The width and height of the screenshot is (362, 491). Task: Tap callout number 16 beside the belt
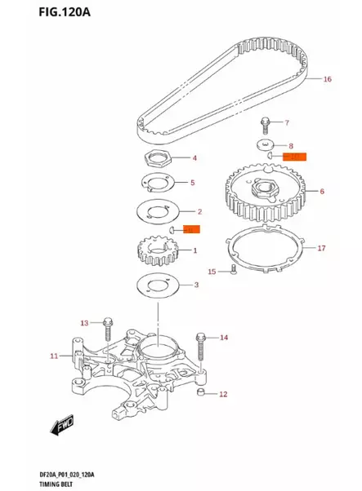327,80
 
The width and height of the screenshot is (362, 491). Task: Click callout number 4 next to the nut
194,157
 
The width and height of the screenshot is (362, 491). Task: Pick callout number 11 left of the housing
54,356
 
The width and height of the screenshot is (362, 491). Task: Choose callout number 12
223,394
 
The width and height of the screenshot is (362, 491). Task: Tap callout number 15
212,271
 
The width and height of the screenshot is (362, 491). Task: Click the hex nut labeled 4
155,157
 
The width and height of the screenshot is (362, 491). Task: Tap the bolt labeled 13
107,330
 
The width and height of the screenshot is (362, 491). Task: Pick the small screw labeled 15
233,270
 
